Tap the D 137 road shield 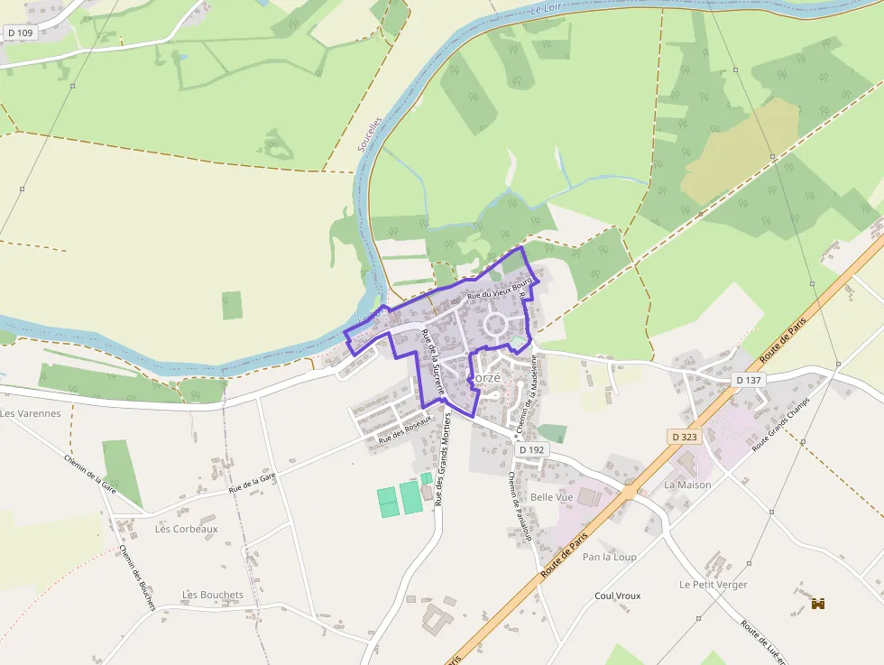pyautogui.click(x=749, y=381)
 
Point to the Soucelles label pyautogui.click(x=369, y=135)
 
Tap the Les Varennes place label pyautogui.click(x=31, y=413)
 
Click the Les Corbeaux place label pyautogui.click(x=186, y=530)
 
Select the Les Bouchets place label pyautogui.click(x=213, y=595)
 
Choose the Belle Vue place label pyautogui.click(x=552, y=497)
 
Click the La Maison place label pyautogui.click(x=687, y=485)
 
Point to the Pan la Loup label pyautogui.click(x=610, y=557)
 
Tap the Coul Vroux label pyautogui.click(x=618, y=596)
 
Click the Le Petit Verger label pyautogui.click(x=714, y=584)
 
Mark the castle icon pyautogui.click(x=819, y=604)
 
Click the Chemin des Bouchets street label pyautogui.click(x=137, y=577)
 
